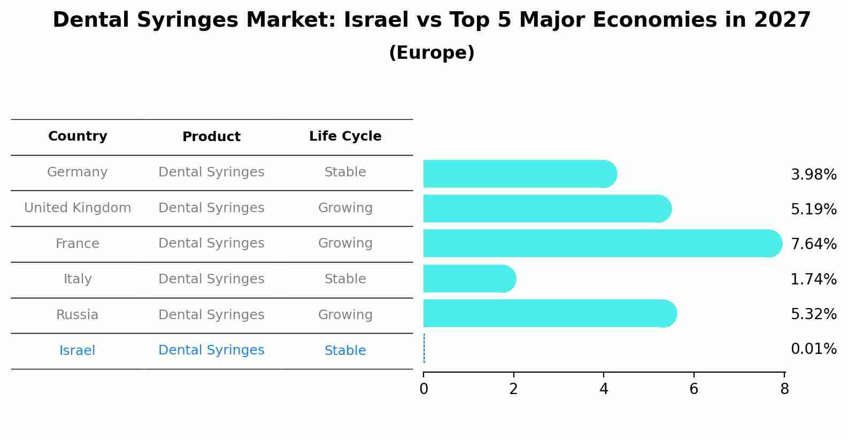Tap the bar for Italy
coord(468,279)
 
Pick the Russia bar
coord(549,313)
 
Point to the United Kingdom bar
coord(546,209)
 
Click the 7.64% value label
coord(813,244)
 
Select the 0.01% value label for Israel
coord(813,349)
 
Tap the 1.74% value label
coord(813,279)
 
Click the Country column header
coord(78,136)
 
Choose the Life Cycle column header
coord(345,136)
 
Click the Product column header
coord(211,137)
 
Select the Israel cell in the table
coord(78,351)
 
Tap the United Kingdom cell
coord(78,208)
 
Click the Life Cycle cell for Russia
coord(345,315)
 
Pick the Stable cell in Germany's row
coord(345,172)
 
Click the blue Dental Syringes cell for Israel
coord(211,350)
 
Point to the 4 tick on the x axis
coord(604,389)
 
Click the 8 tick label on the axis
coord(784,389)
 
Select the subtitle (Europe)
coord(431,53)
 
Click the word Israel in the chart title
coord(369,20)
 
